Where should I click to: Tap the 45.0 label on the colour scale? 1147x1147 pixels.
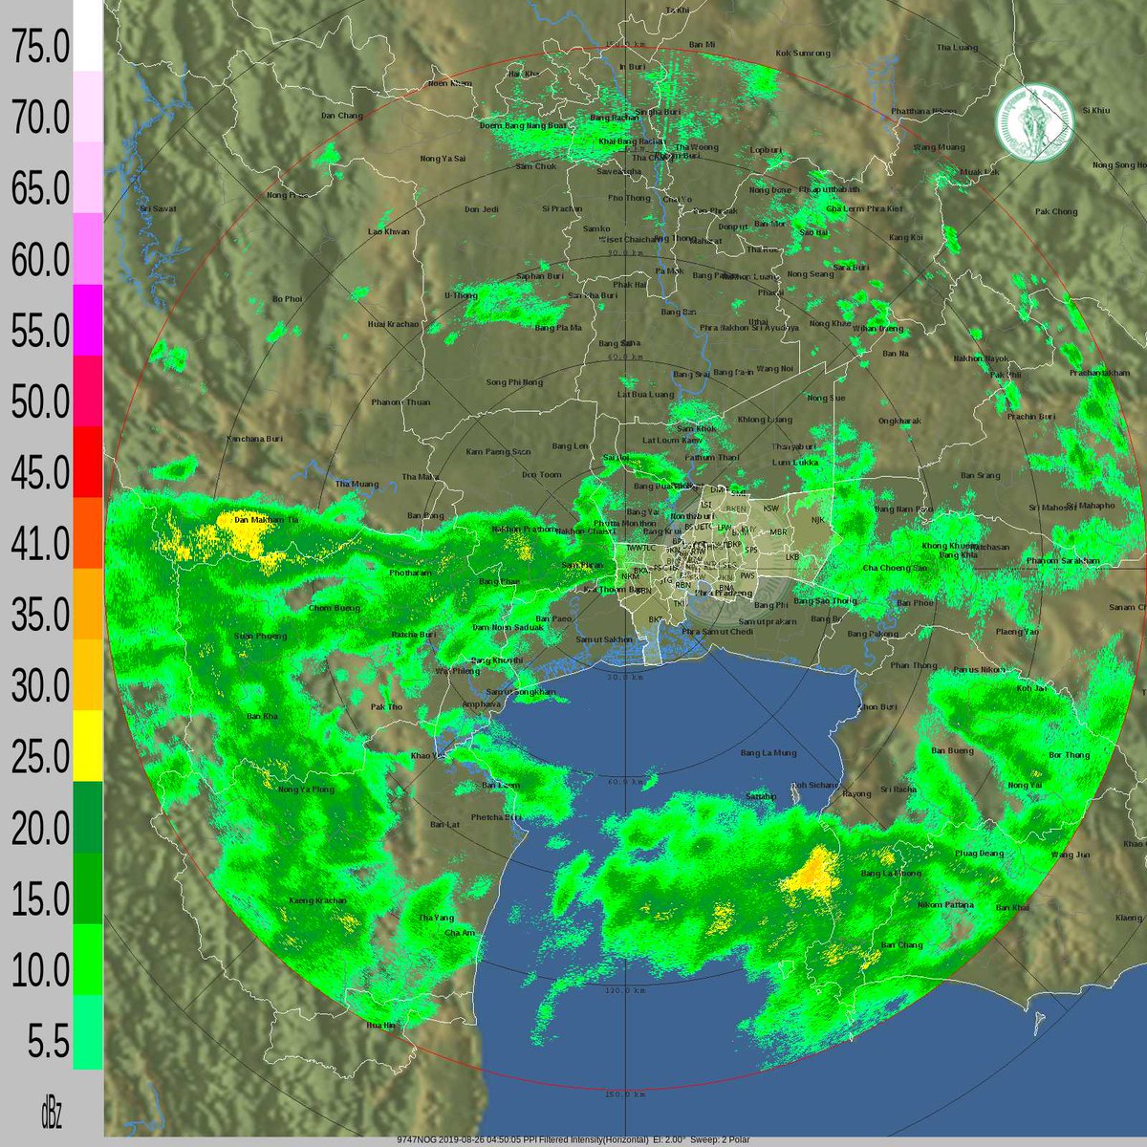click(40, 473)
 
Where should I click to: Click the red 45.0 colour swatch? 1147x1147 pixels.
click(88, 462)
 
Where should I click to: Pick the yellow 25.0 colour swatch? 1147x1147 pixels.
click(88, 746)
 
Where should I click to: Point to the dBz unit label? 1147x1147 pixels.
click(51, 1114)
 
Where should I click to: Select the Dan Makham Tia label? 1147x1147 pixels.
click(267, 519)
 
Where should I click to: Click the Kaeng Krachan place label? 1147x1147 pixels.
click(317, 900)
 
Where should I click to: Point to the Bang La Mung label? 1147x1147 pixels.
click(768, 753)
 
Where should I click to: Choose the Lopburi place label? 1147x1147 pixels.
click(765, 150)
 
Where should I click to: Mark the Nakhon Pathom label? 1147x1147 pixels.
click(523, 529)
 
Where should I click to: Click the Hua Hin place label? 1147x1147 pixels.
click(381, 1025)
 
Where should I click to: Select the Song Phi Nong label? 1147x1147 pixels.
click(513, 382)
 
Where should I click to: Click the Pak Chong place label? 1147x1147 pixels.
click(1055, 211)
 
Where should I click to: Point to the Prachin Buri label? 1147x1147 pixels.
click(1030, 417)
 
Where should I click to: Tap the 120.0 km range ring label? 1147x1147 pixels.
click(625, 991)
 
